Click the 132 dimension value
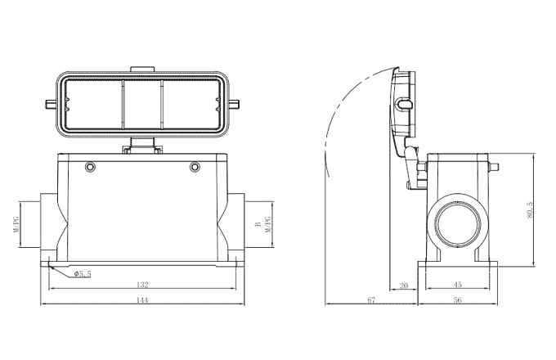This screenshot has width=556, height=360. (x=142, y=286)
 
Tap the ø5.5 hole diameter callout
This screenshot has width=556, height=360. (x=83, y=273)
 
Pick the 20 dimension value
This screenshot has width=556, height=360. (x=402, y=286)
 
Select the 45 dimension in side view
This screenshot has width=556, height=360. (x=456, y=286)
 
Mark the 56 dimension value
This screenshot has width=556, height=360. (x=456, y=301)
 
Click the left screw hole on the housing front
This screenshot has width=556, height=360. (x=90, y=168)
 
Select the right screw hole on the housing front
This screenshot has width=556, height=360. (x=195, y=168)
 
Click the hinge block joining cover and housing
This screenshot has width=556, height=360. (x=142, y=147)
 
